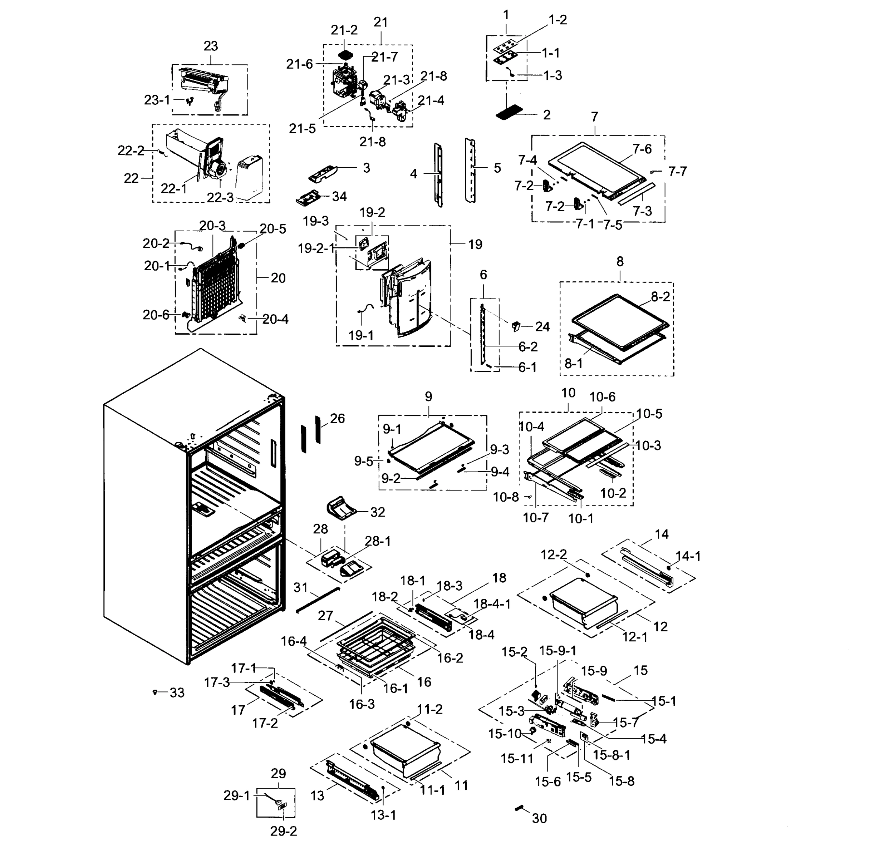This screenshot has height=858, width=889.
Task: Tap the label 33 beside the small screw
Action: click(177, 693)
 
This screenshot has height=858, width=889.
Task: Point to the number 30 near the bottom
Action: click(539, 819)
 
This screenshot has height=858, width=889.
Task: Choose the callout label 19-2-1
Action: click(316, 248)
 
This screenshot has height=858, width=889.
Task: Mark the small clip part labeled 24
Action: click(515, 326)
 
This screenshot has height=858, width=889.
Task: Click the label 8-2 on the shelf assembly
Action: click(660, 297)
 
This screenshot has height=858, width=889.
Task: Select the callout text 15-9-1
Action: click(558, 651)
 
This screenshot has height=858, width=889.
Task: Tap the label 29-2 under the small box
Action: click(284, 831)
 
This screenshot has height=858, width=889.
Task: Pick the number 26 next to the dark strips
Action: click(338, 418)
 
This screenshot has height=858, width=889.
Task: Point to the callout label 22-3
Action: click(220, 197)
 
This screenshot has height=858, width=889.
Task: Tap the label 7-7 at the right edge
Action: click(678, 171)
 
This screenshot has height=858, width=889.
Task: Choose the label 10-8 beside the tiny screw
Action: click(506, 497)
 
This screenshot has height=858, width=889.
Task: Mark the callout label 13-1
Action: click(383, 815)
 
